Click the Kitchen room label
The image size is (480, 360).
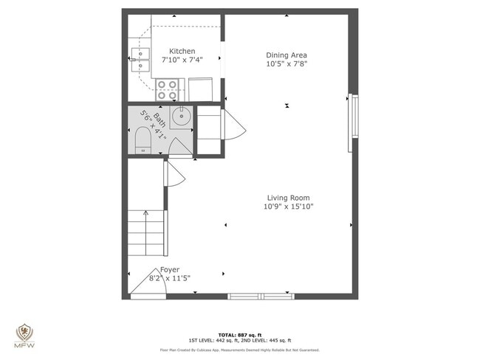coord(182,51)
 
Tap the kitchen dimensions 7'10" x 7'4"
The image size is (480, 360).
coord(182,60)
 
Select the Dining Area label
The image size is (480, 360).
coord(286,55)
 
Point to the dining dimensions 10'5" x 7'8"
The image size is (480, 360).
coord(286,63)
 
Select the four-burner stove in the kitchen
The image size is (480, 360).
coord(167,89)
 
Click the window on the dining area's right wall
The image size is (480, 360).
coord(353,122)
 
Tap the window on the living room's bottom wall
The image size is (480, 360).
coord(261,296)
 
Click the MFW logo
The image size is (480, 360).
coord(24,335)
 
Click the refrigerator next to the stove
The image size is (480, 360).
coord(202,89)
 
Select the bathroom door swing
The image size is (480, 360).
coord(179,148)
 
